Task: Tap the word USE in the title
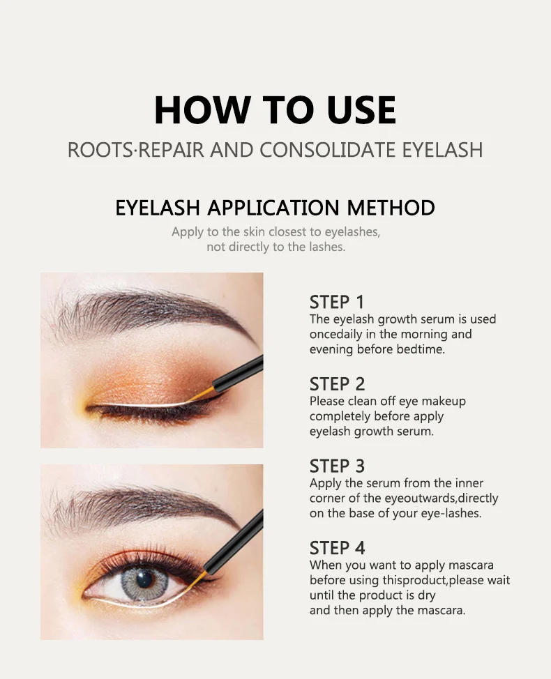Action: click(356, 109)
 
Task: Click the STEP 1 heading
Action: click(337, 302)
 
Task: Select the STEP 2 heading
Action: click(337, 384)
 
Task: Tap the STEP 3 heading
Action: click(337, 466)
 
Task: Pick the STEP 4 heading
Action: click(337, 548)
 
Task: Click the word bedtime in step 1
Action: click(421, 349)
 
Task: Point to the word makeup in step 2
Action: click(444, 401)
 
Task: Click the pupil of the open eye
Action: click(145, 579)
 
